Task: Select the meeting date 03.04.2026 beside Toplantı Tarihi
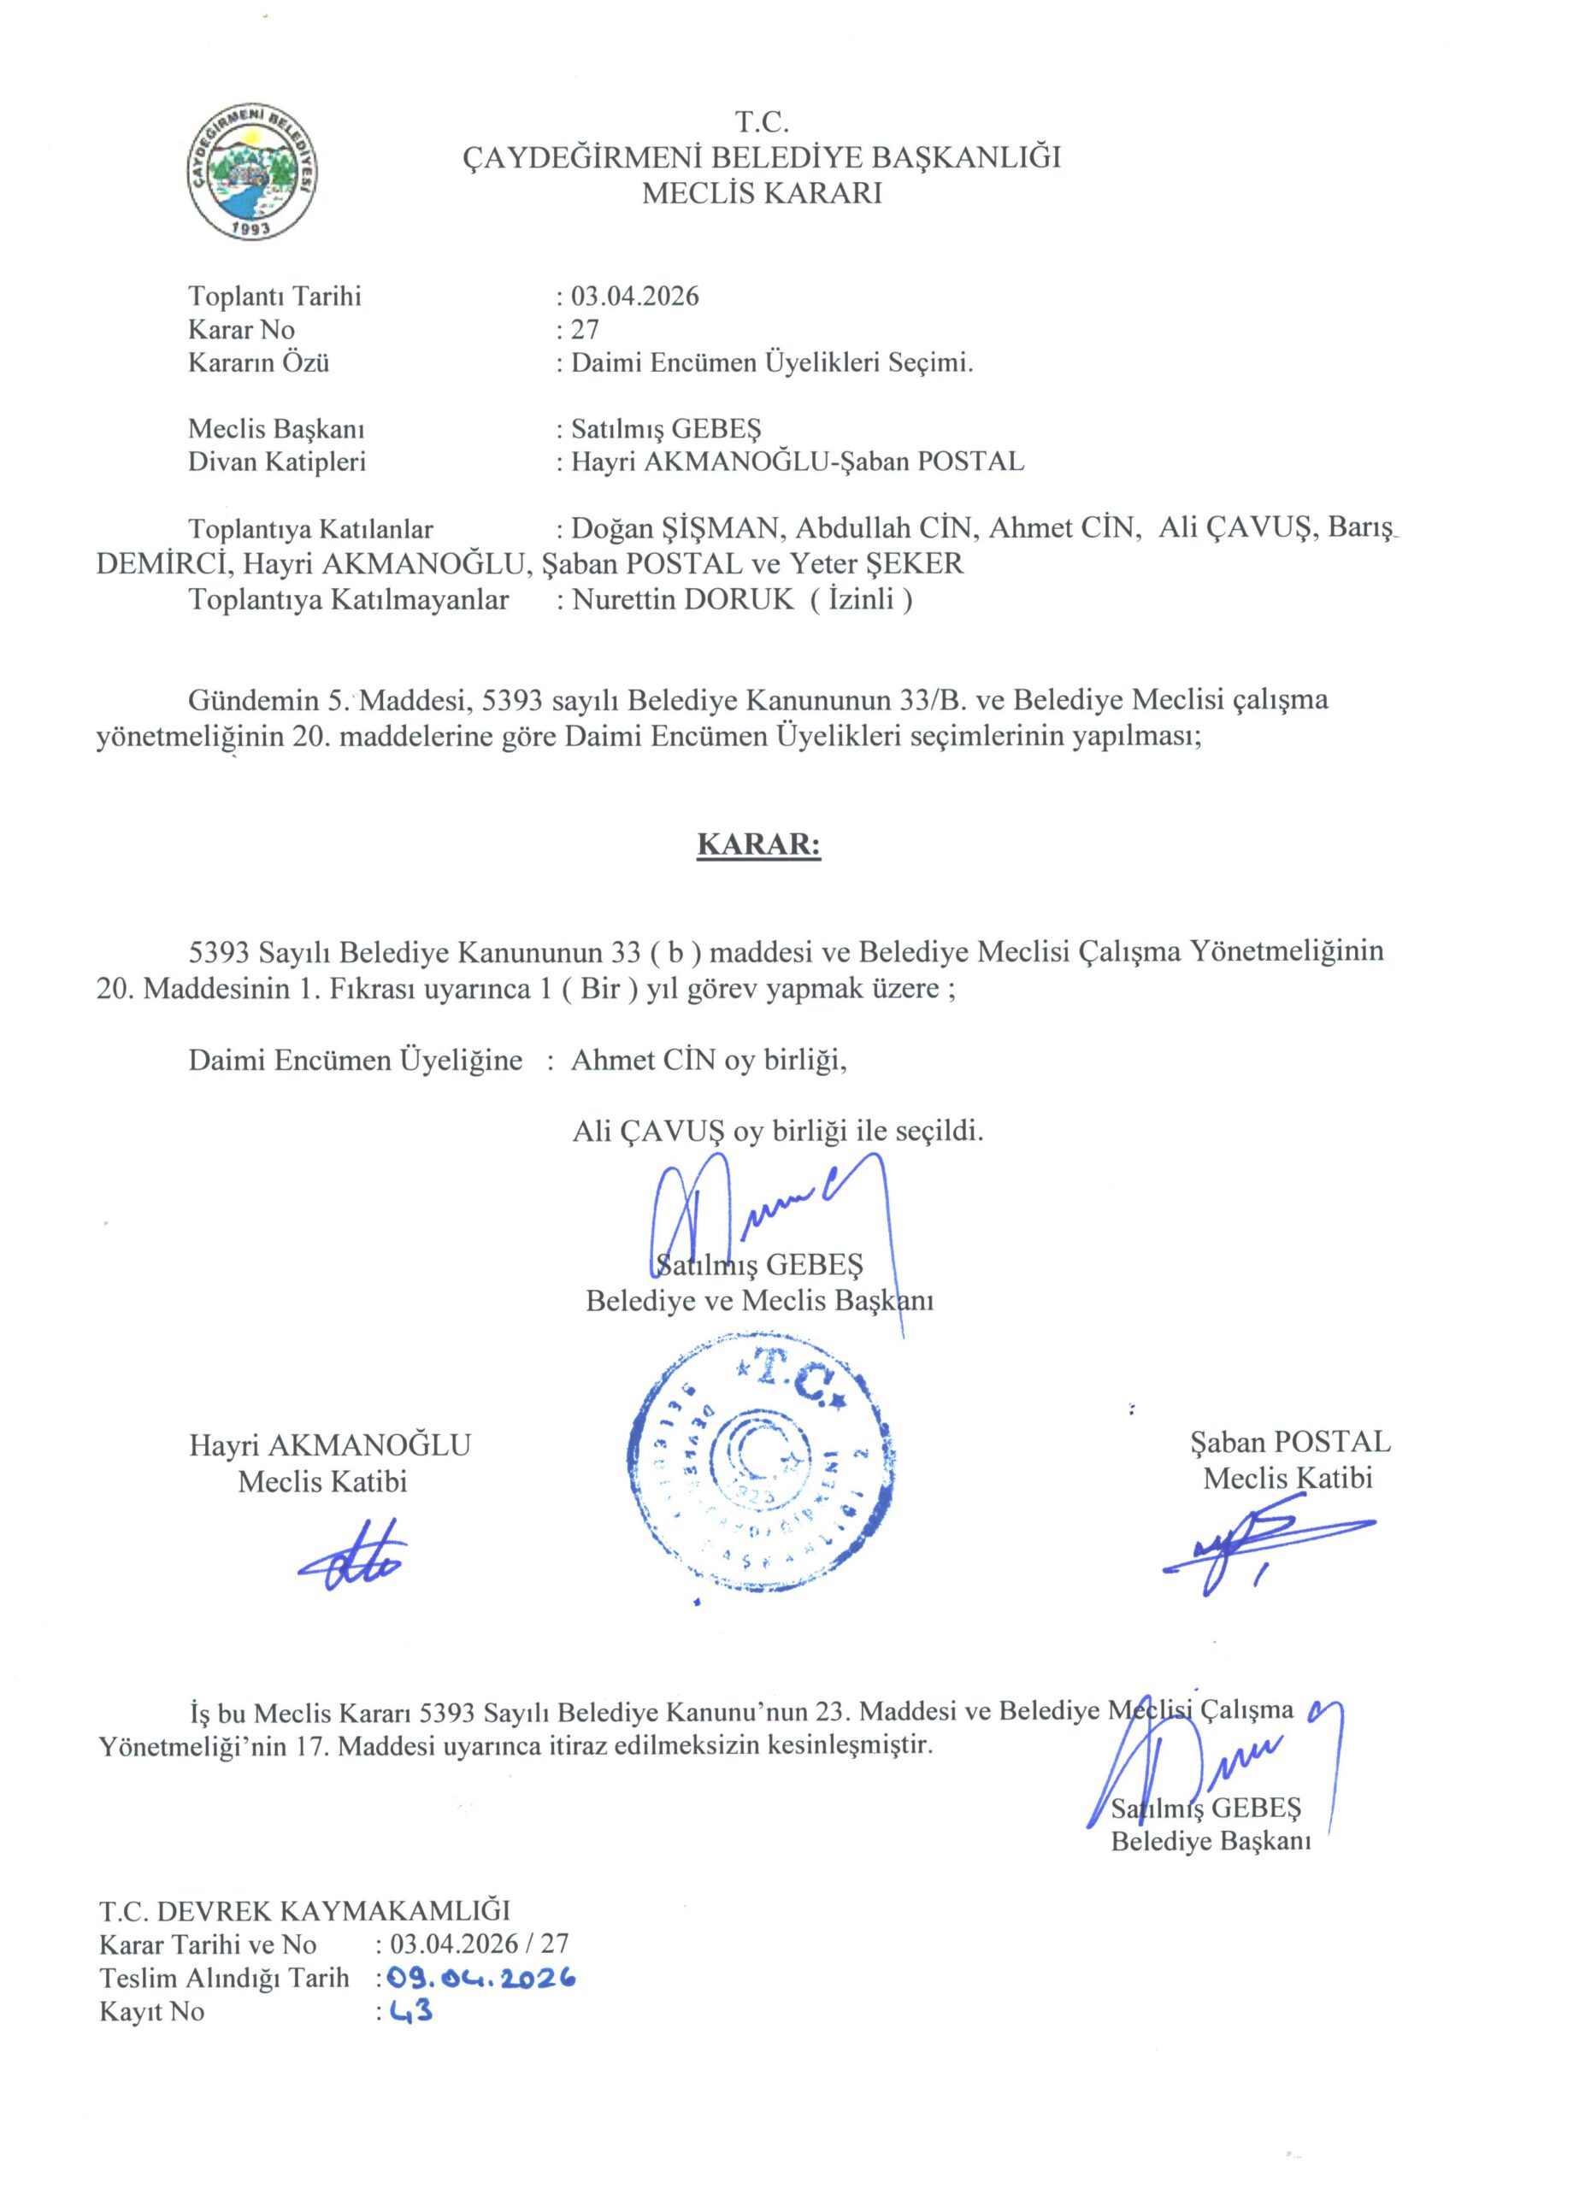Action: [635, 297]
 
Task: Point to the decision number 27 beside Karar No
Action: [585, 330]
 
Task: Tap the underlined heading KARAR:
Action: [757, 845]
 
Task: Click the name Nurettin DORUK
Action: [681, 599]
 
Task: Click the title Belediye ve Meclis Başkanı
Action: [759, 1301]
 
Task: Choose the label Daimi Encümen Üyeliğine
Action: [355, 1060]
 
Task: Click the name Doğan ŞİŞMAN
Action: [675, 529]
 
